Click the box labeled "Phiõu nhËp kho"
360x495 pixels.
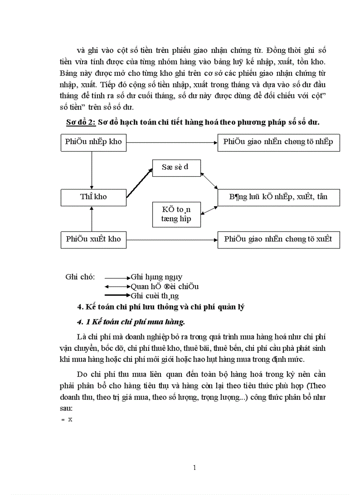pyautogui.click(x=93, y=142)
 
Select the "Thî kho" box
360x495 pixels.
pyautogui.click(x=93, y=197)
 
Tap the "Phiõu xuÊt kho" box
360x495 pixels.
pyautogui.click(x=93, y=239)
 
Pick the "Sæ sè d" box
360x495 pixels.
pyautogui.click(x=176, y=167)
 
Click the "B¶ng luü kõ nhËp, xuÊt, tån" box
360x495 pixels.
pyautogui.click(x=278, y=197)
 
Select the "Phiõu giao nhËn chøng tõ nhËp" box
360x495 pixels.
pyautogui.click(x=278, y=142)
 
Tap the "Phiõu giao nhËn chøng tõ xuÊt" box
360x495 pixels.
pyautogui.click(x=278, y=239)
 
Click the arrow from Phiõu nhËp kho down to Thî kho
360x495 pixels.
pyautogui.click(x=91, y=169)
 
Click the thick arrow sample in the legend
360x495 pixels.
pyautogui.click(x=116, y=296)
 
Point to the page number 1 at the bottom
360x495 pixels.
pyautogui.click(x=195, y=468)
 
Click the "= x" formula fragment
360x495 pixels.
pyautogui.click(x=67, y=420)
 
